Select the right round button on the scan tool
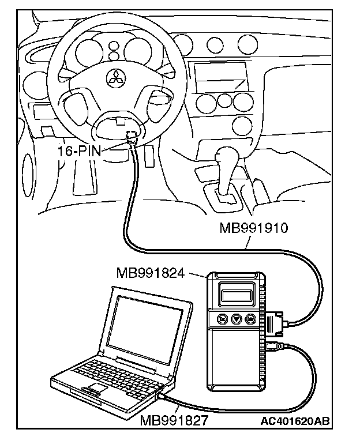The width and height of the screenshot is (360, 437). pyautogui.click(x=249, y=318)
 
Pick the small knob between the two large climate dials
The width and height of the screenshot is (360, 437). pyautogui.click(x=223, y=104)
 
